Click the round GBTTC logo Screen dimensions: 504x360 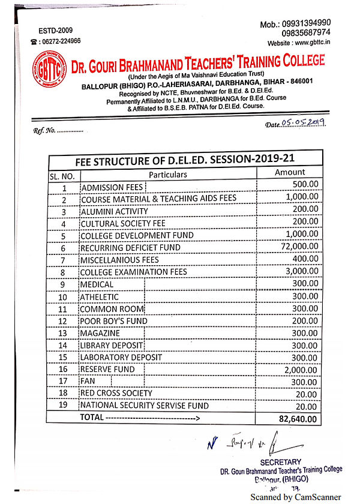(x=50, y=70)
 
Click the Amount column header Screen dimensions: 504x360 (x=290, y=172)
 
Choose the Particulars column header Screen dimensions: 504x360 (x=168, y=175)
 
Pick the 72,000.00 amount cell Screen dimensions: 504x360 (x=298, y=247)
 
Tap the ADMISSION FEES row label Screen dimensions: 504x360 (x=112, y=188)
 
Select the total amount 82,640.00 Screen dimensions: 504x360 (x=298, y=419)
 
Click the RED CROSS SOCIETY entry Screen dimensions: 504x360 (x=116, y=394)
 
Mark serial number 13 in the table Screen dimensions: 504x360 (x=62, y=334)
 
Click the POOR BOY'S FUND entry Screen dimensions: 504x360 (x=114, y=321)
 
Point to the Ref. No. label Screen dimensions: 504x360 (x=44, y=130)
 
